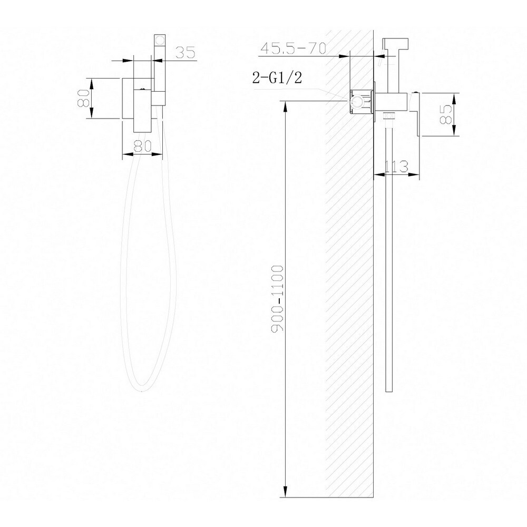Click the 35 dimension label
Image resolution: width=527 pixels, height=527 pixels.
coord(185,52)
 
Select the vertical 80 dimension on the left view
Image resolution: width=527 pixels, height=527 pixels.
coord(83,98)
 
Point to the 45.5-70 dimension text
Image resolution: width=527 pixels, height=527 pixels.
coord(294,48)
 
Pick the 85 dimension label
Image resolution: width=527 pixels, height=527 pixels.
coord(446,114)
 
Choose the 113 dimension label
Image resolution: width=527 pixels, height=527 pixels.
coord(396,167)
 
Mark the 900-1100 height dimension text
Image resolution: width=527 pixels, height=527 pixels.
coord(277,298)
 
